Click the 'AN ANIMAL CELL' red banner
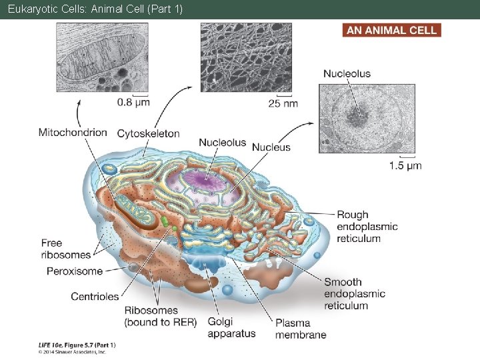392,30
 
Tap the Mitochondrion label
73,132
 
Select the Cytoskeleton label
148,133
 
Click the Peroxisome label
75,271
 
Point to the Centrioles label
95,297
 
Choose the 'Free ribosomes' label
65,249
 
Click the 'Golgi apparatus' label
231,327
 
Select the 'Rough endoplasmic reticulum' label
367,227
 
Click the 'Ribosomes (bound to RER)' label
160,316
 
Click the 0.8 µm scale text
133,102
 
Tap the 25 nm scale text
283,103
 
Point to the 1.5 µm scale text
405,165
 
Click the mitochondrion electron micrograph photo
103,57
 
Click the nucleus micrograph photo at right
367,119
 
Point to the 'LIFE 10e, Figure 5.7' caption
77,345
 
